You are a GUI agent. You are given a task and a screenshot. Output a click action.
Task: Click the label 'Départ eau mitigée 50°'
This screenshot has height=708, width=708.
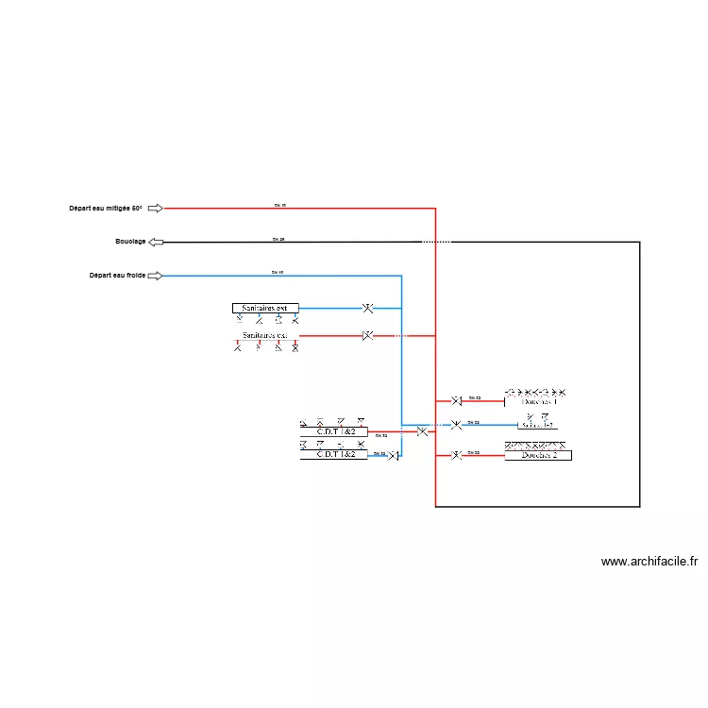click(105, 208)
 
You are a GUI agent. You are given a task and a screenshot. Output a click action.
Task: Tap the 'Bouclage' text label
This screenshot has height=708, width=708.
click(130, 242)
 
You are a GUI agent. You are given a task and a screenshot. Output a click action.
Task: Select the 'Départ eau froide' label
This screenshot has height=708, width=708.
click(117, 276)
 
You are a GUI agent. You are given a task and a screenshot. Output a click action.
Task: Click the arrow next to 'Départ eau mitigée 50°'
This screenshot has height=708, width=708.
click(156, 208)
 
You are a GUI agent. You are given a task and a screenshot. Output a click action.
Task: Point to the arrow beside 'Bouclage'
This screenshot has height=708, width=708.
click(156, 243)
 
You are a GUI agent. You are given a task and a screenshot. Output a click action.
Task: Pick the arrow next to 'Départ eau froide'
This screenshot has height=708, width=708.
click(156, 276)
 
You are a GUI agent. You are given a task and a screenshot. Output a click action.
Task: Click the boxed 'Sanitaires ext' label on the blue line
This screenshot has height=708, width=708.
click(265, 308)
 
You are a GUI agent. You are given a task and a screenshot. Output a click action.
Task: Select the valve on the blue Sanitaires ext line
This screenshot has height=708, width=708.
click(368, 308)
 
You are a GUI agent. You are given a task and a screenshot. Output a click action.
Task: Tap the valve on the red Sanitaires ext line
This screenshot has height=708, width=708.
click(368, 335)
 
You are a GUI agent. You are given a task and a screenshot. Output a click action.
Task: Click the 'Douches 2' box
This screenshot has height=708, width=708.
click(538, 455)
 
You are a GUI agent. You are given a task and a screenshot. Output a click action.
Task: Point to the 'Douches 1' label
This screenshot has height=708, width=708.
click(539, 401)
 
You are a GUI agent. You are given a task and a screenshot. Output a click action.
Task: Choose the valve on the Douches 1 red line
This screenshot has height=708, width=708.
click(456, 401)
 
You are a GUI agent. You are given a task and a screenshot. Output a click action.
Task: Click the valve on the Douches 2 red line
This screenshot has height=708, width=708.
click(456, 455)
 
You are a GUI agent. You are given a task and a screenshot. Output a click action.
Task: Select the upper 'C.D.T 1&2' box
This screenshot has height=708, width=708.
click(334, 431)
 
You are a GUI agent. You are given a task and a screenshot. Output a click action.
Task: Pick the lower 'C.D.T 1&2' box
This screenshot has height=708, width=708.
click(334, 454)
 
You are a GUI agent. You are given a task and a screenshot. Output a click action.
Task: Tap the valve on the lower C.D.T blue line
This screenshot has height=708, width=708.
click(393, 456)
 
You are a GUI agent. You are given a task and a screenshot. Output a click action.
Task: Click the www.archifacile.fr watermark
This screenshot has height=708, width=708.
click(649, 562)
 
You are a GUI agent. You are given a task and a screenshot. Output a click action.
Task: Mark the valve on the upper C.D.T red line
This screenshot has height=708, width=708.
click(422, 431)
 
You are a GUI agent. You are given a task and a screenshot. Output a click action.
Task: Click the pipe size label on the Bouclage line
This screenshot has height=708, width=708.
click(278, 240)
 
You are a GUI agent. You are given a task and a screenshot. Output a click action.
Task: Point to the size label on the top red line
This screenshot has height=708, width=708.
click(278, 205)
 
